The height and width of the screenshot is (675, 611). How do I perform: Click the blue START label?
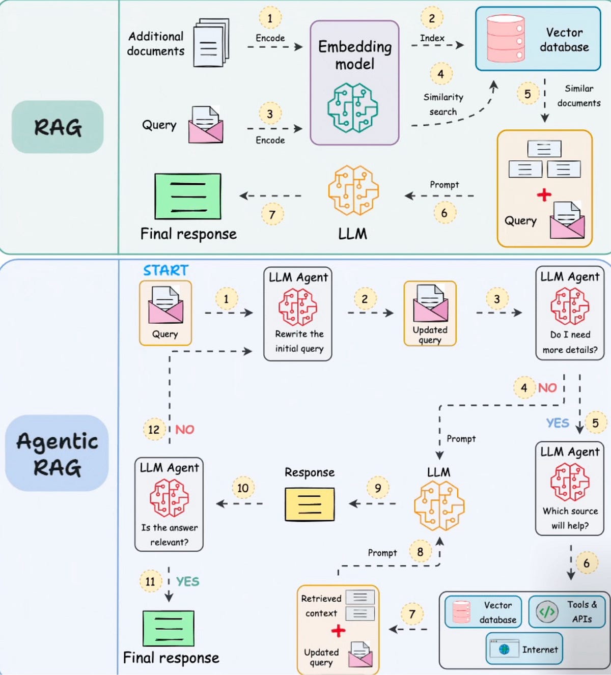click(x=165, y=270)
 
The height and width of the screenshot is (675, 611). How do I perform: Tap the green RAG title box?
click(x=58, y=127)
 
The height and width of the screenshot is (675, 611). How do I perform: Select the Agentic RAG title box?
click(x=57, y=453)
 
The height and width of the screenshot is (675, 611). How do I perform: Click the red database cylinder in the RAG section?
click(x=505, y=39)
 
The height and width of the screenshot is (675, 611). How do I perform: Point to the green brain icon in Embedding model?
click(x=352, y=108)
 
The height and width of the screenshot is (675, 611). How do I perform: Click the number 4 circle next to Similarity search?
click(x=440, y=74)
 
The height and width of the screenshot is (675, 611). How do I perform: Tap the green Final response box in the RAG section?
click(x=188, y=196)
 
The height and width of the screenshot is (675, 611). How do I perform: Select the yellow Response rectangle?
click(x=310, y=504)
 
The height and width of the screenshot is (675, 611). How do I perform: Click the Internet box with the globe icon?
click(x=524, y=649)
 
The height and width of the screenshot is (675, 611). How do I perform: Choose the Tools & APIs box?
click(x=567, y=611)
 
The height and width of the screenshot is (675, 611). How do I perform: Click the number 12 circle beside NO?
click(x=154, y=430)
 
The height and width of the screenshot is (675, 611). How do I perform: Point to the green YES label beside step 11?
click(x=187, y=581)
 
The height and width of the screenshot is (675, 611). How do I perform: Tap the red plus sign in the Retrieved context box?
click(x=338, y=631)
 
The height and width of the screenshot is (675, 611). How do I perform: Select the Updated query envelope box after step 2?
click(x=430, y=314)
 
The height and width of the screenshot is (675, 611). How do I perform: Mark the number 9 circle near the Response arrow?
click(x=378, y=488)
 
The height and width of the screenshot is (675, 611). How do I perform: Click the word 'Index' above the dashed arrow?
click(x=432, y=38)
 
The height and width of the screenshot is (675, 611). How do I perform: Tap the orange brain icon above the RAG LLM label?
click(x=353, y=190)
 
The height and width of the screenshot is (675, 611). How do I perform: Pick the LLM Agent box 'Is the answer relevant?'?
click(x=169, y=504)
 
